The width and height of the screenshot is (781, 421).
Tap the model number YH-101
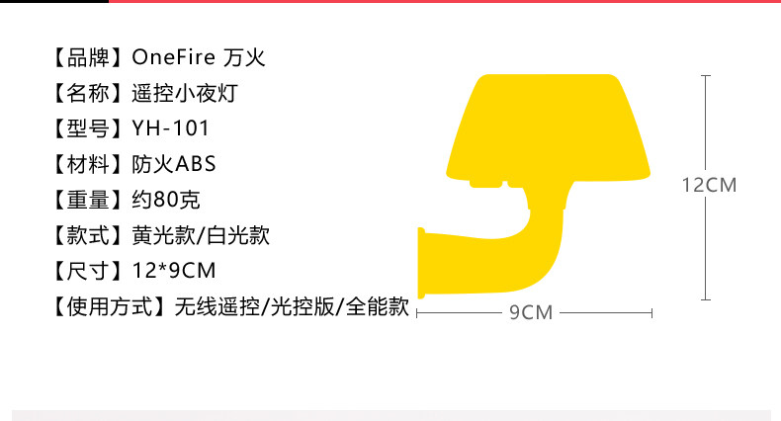tap(170, 129)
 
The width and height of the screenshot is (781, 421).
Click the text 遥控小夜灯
tap(185, 94)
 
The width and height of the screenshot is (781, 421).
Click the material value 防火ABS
tap(173, 164)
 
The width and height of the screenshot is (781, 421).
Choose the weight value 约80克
tap(166, 200)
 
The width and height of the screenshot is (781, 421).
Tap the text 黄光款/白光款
tap(201, 235)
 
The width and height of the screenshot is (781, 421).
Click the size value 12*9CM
tap(173, 271)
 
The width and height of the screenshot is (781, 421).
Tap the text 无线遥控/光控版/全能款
tap(292, 306)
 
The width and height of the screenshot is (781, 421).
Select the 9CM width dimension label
tap(531, 312)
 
